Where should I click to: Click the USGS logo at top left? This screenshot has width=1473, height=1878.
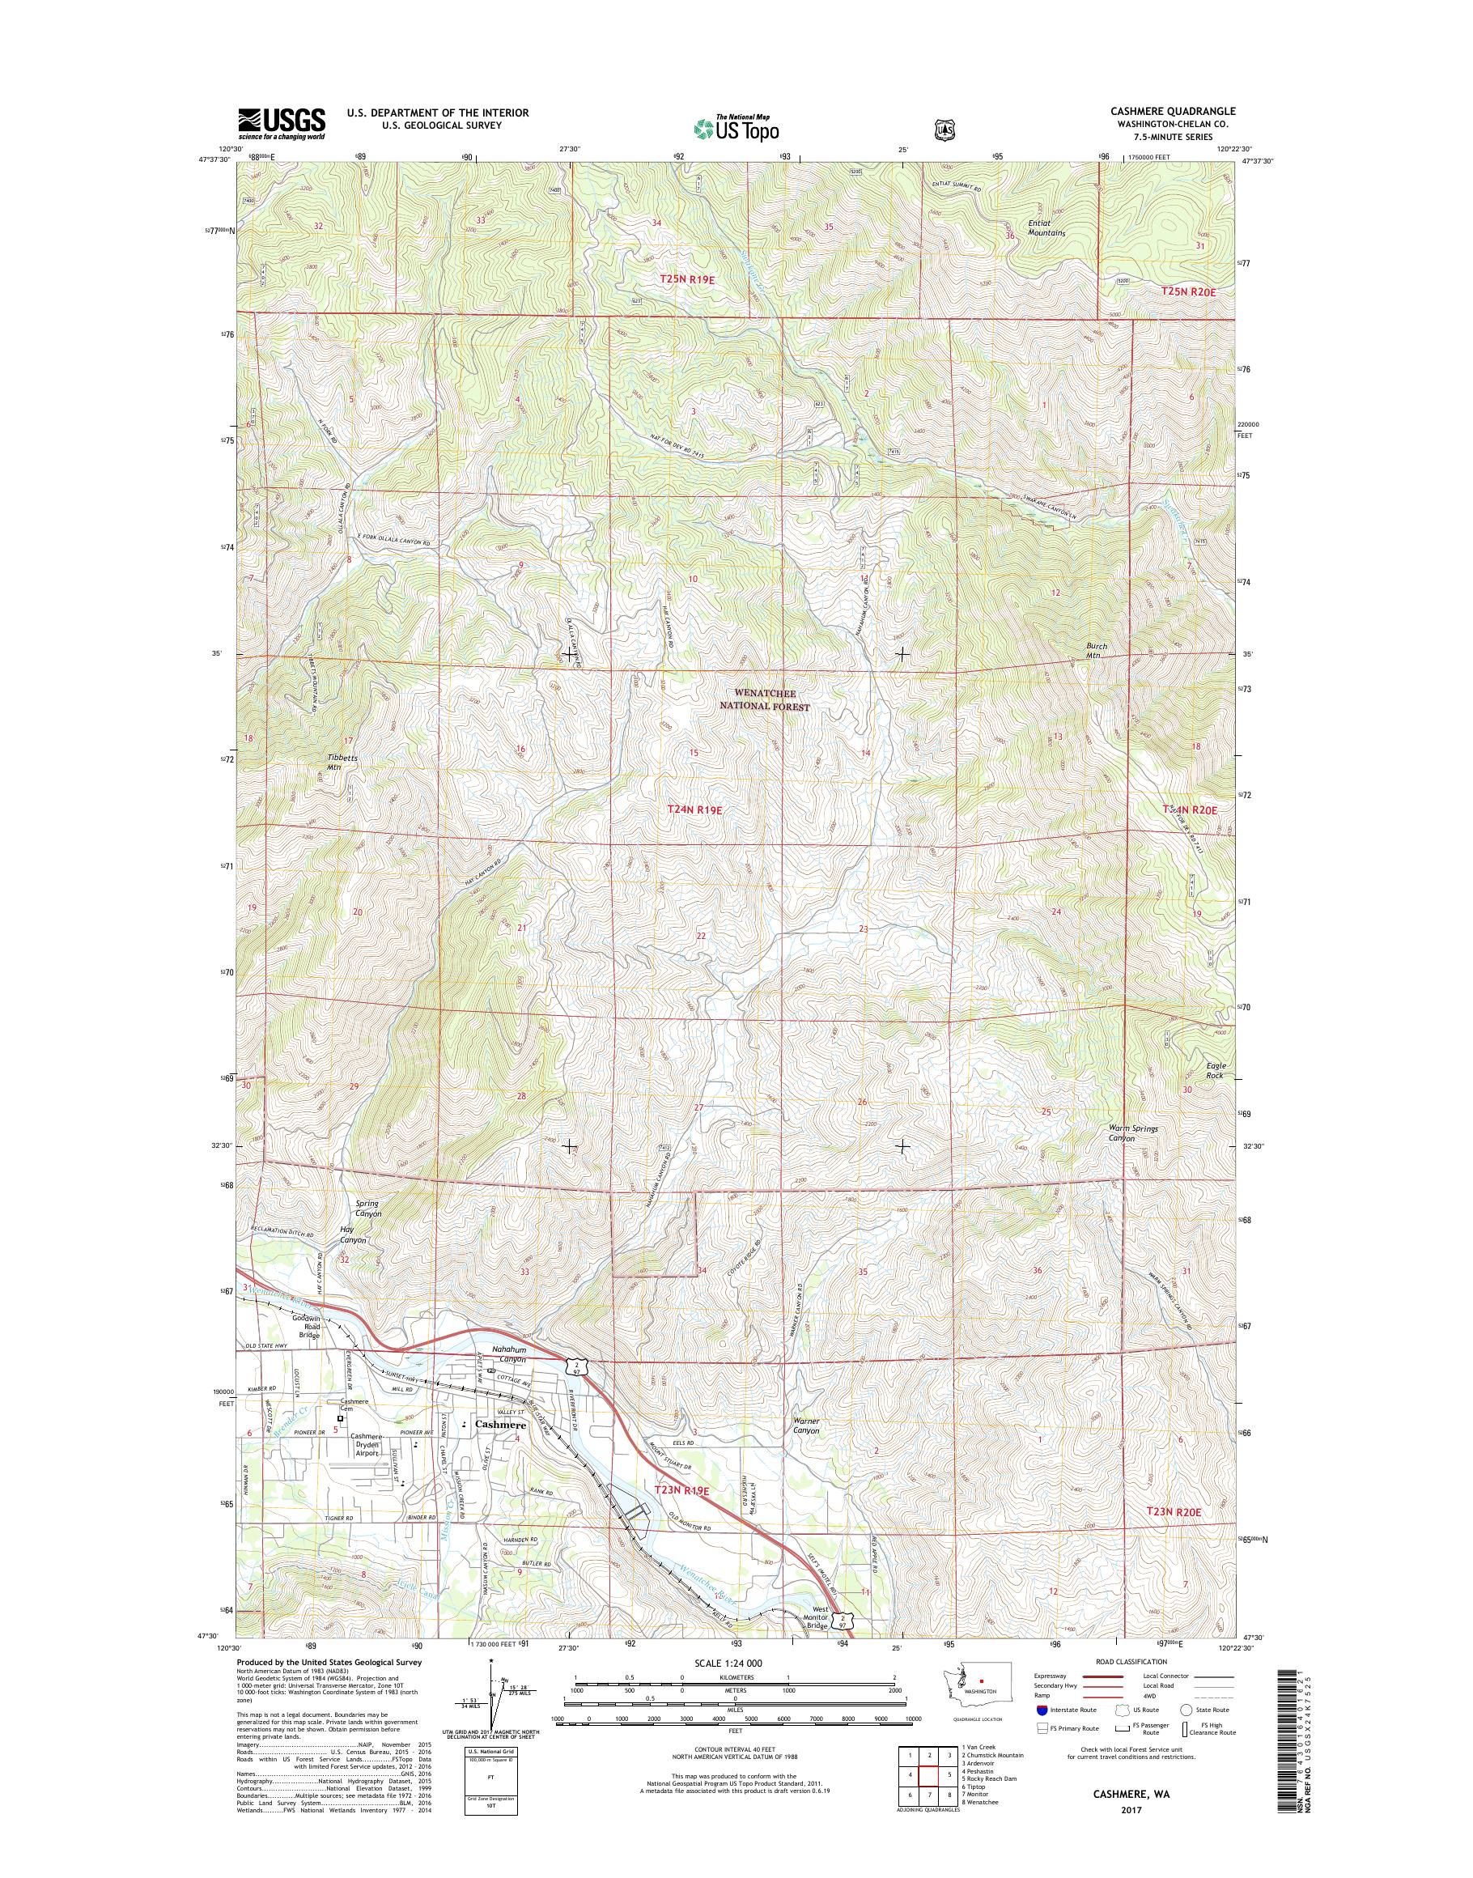(281, 122)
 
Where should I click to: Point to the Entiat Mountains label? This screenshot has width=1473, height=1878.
(1047, 227)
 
